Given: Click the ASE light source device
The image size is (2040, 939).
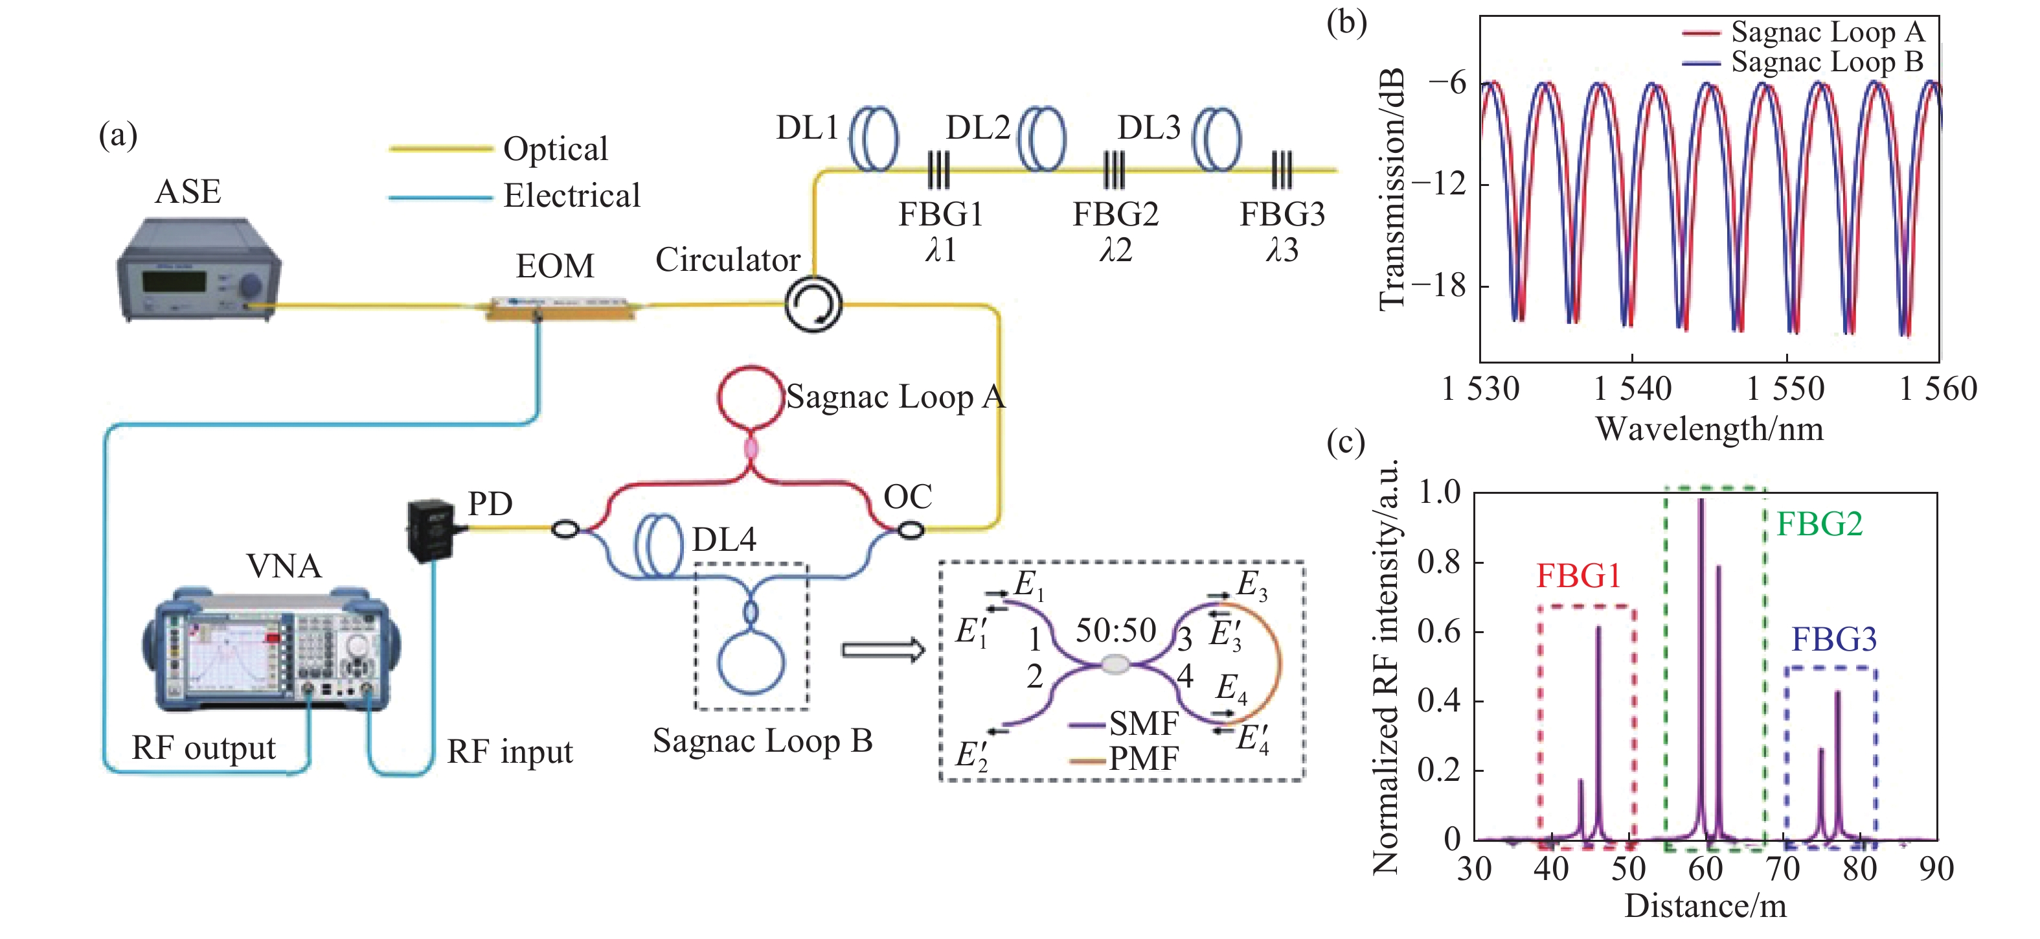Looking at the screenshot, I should tap(198, 270).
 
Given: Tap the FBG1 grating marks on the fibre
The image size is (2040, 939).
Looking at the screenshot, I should tap(938, 170).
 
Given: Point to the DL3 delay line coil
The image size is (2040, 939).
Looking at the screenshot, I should tap(1217, 139).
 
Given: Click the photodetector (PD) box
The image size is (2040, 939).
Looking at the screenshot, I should tap(431, 529).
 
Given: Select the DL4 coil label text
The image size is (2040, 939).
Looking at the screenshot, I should tap(724, 540).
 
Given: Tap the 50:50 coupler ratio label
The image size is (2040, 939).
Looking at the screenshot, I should tap(1115, 631).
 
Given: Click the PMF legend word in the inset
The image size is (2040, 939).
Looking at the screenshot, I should tap(1144, 759).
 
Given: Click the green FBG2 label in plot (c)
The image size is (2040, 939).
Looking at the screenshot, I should tap(1819, 524).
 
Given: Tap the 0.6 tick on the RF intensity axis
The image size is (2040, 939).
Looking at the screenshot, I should tap(1439, 632).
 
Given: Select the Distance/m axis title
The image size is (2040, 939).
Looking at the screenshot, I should tap(1705, 906).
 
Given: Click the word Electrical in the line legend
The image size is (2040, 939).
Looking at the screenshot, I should tap(572, 196).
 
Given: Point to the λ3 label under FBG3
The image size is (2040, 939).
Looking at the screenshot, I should tap(1282, 250).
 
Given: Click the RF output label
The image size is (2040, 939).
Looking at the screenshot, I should tap(203, 748).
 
